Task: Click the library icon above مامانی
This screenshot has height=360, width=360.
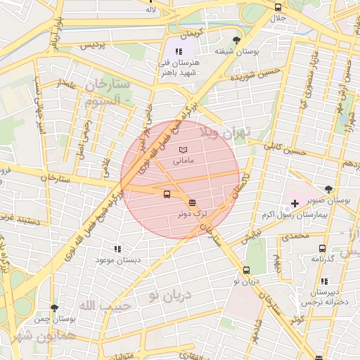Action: point(183,150)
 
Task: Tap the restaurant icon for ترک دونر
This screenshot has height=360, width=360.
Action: point(193,202)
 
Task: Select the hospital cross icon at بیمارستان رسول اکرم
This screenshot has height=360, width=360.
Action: point(295,203)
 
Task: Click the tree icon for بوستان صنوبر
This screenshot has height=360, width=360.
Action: point(328,188)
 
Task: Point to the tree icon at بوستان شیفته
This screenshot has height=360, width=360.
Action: point(236,40)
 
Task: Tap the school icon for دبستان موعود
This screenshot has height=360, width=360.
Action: point(117,248)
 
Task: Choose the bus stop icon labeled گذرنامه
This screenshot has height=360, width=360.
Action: point(322,248)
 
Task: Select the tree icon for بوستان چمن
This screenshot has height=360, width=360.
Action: point(54,308)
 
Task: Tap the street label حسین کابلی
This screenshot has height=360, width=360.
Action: point(284,148)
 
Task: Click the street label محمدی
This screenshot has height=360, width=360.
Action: point(295,237)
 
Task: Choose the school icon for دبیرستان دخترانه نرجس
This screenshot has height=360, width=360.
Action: point(323,281)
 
